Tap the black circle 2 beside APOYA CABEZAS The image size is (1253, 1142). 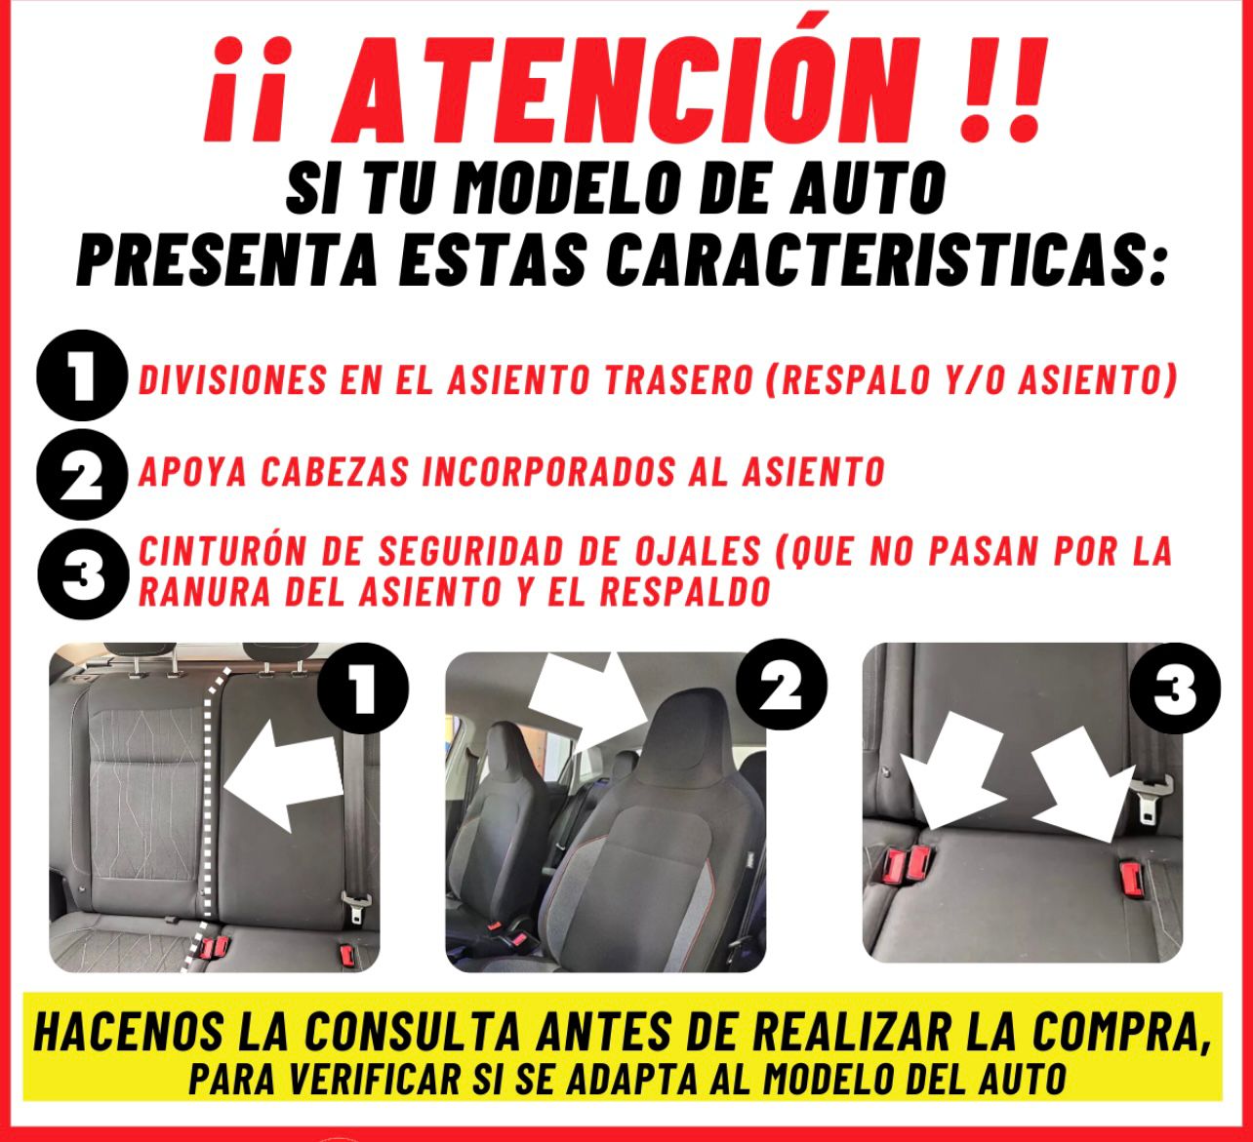coord(81,477)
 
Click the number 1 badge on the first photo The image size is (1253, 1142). coord(362,689)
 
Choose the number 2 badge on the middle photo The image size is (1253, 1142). coord(781,689)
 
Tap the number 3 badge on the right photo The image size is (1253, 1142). coord(1175,689)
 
